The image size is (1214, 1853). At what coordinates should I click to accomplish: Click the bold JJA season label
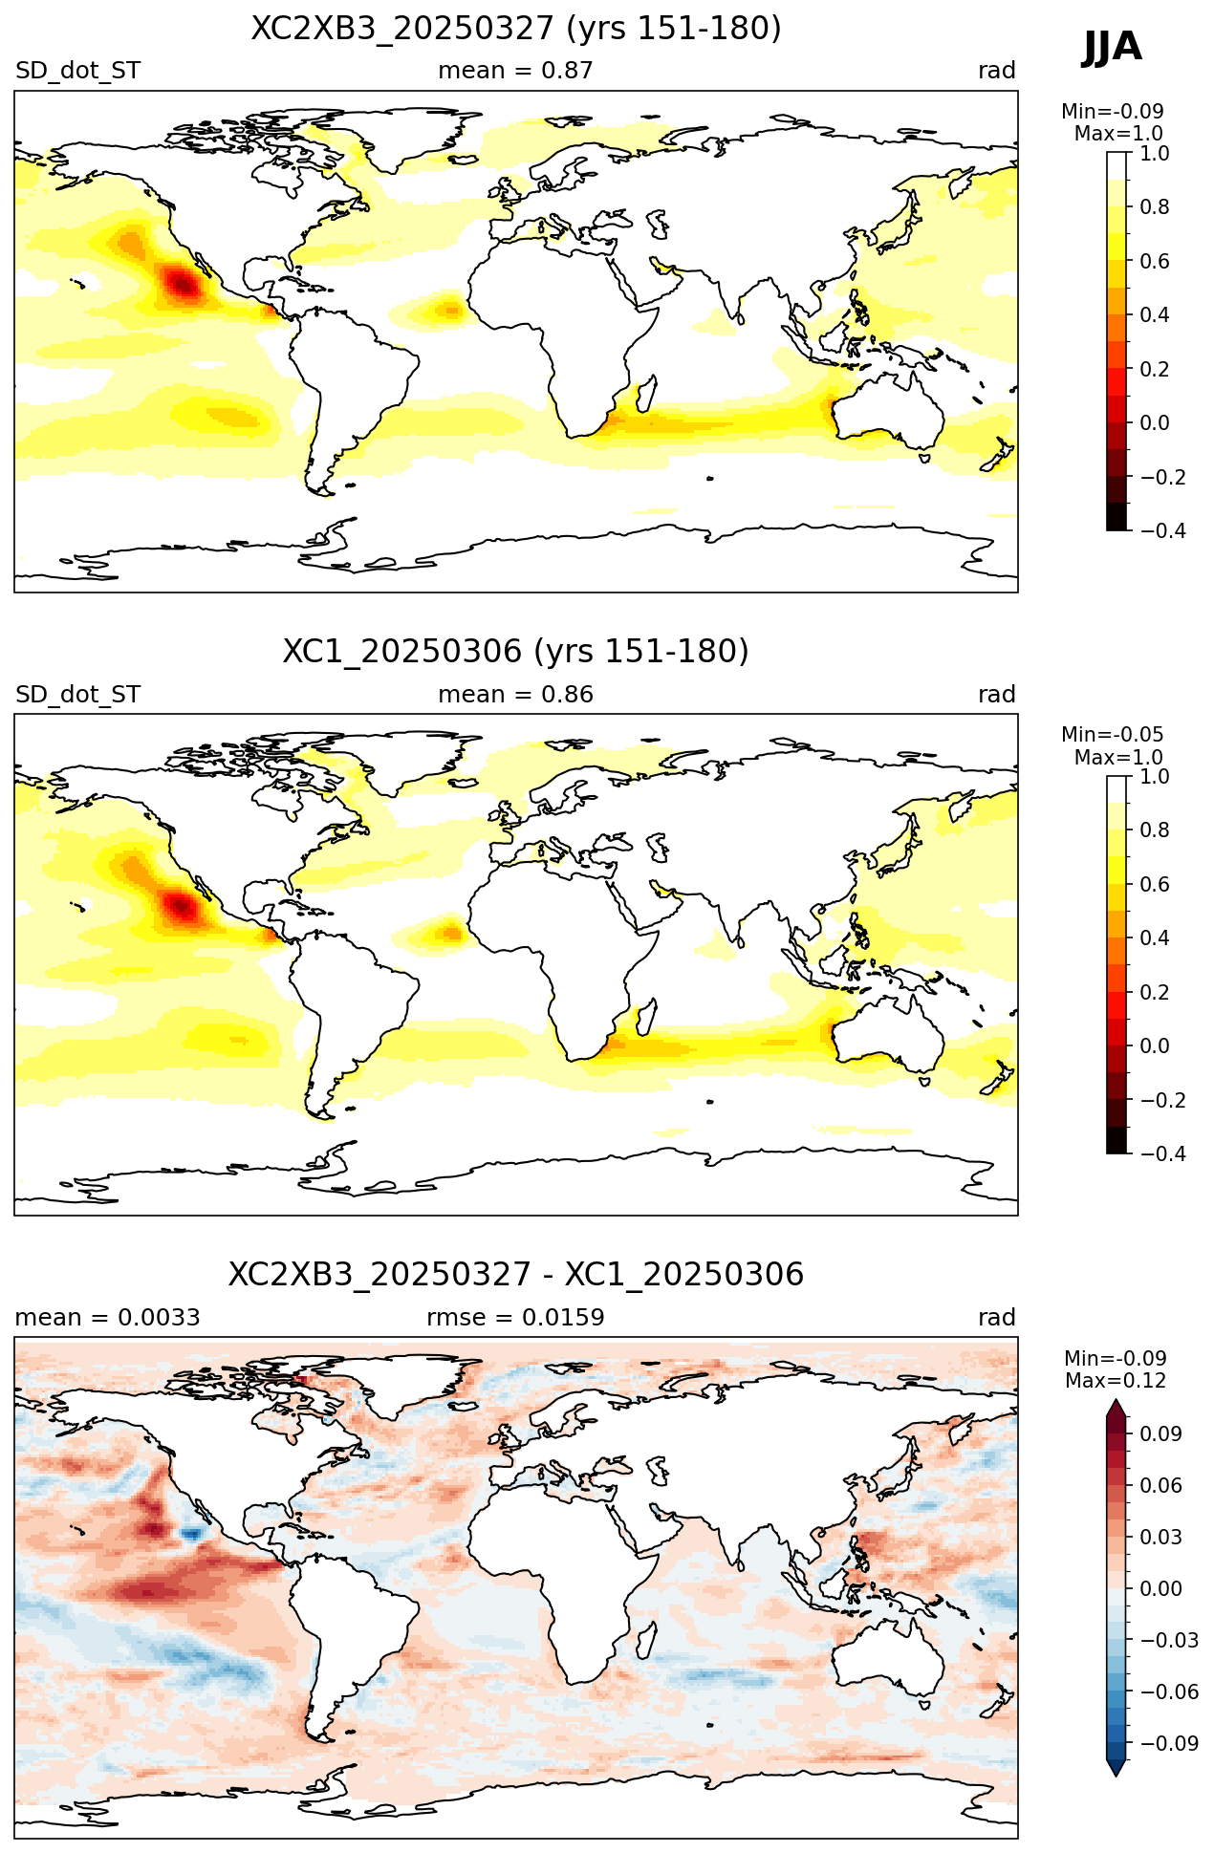1112,46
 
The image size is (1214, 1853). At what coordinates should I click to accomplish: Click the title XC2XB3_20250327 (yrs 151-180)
516,29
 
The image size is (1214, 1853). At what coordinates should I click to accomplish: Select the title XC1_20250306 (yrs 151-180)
516,652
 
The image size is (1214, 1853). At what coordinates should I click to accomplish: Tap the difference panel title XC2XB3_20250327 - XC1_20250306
516,1275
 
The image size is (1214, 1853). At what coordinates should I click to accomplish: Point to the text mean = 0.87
515,71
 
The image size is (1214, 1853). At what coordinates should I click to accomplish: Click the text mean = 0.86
515,695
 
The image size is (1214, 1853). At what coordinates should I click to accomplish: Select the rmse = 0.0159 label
515,1318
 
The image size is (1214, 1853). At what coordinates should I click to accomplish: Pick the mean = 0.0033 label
107,1318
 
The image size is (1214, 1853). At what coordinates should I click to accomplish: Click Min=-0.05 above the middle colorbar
1113,735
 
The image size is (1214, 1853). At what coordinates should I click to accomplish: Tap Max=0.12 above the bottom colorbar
1116,1381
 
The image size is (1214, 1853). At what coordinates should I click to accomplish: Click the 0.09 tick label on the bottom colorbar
1160,1433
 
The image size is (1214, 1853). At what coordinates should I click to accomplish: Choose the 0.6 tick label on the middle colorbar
1155,884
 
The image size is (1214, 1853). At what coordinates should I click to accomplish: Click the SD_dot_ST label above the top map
77,71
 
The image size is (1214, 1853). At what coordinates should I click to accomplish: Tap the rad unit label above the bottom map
996,1318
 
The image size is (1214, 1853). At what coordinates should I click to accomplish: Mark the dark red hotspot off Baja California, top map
181,284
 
